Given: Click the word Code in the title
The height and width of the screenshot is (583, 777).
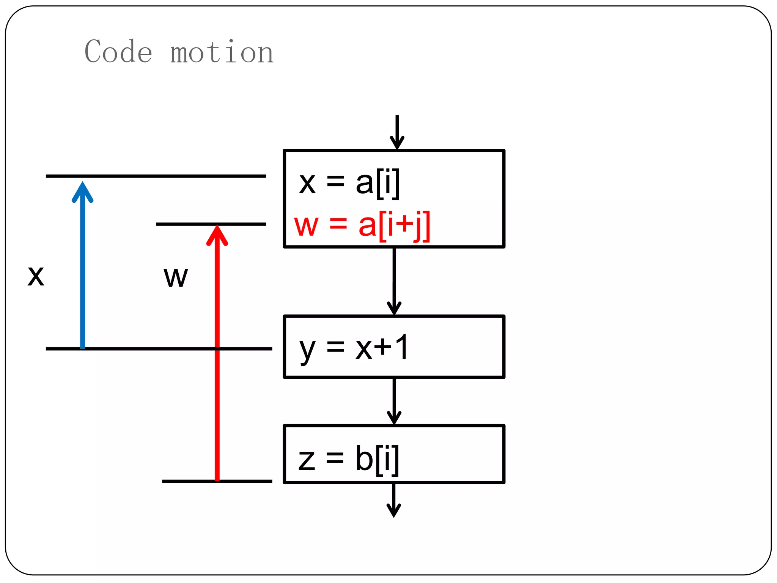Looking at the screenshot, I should click(118, 52).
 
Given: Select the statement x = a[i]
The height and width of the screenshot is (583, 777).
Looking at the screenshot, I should click(349, 184).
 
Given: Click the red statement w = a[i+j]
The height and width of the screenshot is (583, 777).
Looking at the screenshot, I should click(362, 225).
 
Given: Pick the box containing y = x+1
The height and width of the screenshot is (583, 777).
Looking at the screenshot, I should click(394, 347).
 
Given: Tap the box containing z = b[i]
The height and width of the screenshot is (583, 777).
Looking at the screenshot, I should click(394, 454).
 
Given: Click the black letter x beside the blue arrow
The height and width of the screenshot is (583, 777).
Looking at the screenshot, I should click(36, 276).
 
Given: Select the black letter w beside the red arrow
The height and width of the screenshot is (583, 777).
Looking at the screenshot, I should click(176, 277).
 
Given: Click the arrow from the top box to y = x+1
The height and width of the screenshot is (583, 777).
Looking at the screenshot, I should click(394, 281).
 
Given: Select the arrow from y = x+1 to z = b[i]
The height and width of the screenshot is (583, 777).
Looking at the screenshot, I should click(394, 401).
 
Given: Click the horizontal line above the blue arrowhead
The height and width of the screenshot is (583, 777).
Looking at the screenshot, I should click(156, 176).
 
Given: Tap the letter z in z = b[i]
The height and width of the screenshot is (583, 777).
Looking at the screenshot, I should click(307, 460).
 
